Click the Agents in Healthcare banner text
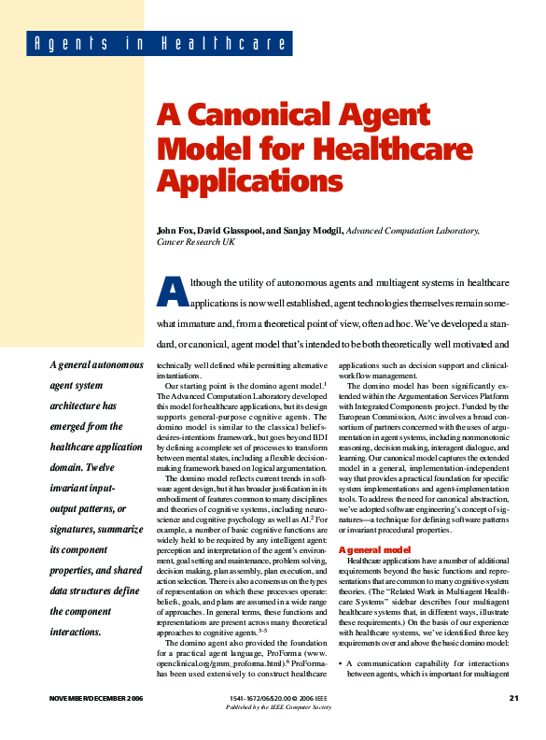coord(158,44)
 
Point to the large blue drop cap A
coord(175,292)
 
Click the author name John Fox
coord(177,230)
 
